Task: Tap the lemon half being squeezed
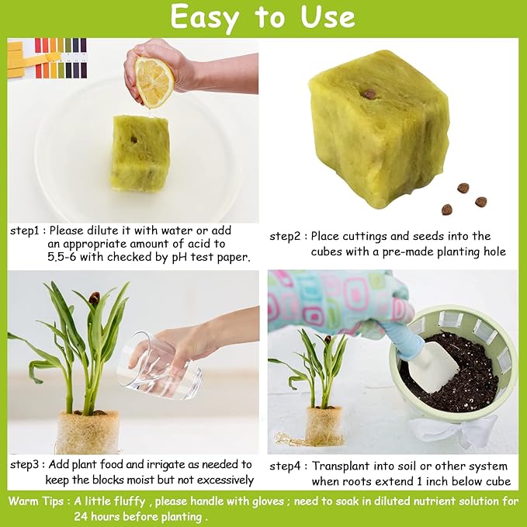(x=154, y=81)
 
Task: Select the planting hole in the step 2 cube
(x=370, y=94)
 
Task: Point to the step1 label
(x=25, y=231)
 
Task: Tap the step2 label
(x=286, y=236)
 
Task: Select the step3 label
(x=26, y=464)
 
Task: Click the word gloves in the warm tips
(x=250, y=501)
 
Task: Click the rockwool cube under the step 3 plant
(x=87, y=432)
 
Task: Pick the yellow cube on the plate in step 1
(x=140, y=153)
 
